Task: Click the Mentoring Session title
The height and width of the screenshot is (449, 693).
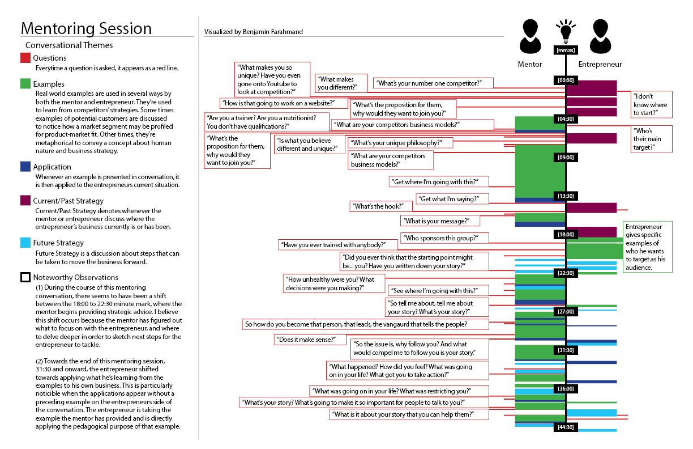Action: coord(86,28)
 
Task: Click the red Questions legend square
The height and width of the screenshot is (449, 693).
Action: coord(25,58)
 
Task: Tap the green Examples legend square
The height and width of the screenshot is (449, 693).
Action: coord(25,84)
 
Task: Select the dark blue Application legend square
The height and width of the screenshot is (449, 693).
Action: coord(25,167)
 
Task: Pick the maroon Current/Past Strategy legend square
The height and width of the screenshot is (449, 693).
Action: coord(25,200)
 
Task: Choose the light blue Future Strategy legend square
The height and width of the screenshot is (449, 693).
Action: coord(25,243)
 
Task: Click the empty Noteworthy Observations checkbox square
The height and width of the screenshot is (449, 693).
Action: coord(25,277)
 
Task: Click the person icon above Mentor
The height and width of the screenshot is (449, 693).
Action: coord(530,37)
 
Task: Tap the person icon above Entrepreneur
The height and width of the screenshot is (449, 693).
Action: coord(600,37)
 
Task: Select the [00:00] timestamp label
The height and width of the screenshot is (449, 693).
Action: coord(566,80)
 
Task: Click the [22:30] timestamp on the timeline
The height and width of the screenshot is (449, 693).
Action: coord(566,273)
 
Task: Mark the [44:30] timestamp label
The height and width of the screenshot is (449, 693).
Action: coord(566,427)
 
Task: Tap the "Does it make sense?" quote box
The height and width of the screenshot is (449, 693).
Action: coord(310,340)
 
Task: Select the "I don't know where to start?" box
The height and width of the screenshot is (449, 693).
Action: coord(651,105)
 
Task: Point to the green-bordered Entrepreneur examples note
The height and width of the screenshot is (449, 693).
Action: coord(647,247)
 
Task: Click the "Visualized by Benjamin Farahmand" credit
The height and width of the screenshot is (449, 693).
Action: coord(254,32)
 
